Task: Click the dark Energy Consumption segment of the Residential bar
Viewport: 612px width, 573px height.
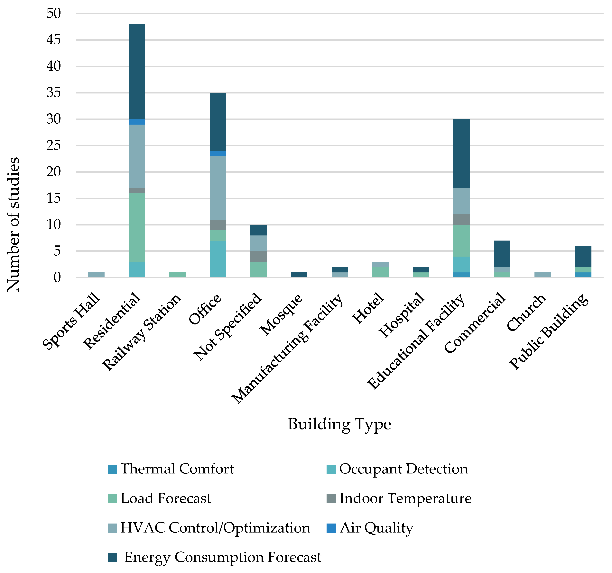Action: [137, 71]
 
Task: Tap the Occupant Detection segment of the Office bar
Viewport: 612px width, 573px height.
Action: [218, 259]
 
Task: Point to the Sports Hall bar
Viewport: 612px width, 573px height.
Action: [96, 274]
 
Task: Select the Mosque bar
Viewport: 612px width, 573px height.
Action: [299, 274]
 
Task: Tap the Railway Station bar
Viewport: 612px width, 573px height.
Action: [177, 274]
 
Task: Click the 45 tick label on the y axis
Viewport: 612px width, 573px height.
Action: [54, 40]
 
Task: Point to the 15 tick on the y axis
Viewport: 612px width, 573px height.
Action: [54, 198]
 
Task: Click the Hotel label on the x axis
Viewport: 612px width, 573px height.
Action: [368, 308]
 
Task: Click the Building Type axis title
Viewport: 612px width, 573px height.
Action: [339, 424]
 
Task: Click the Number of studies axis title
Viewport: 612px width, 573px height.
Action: [13, 225]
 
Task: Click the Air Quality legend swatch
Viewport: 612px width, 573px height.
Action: [331, 528]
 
